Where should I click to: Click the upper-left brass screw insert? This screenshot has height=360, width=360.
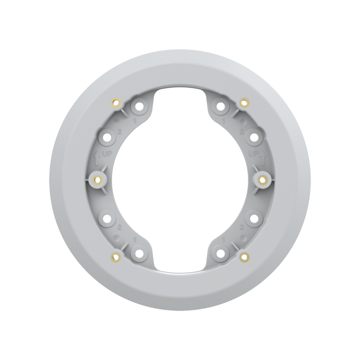pyautogui.click(x=116, y=103)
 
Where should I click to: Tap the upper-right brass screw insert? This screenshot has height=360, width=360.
pyautogui.click(x=244, y=103)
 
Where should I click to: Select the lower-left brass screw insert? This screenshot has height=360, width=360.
pyautogui.click(x=116, y=257)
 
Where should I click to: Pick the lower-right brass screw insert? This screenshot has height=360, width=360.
pyautogui.click(x=244, y=257)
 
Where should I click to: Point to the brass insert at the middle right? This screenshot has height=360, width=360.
pyautogui.click(x=262, y=180)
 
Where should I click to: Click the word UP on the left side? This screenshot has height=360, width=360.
pyautogui.click(x=107, y=154)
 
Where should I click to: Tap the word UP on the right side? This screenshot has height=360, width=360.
pyautogui.click(x=253, y=153)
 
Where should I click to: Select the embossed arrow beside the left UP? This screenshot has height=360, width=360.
pyautogui.click(x=97, y=158)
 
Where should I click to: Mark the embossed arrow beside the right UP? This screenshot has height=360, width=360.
pyautogui.click(x=263, y=158)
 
